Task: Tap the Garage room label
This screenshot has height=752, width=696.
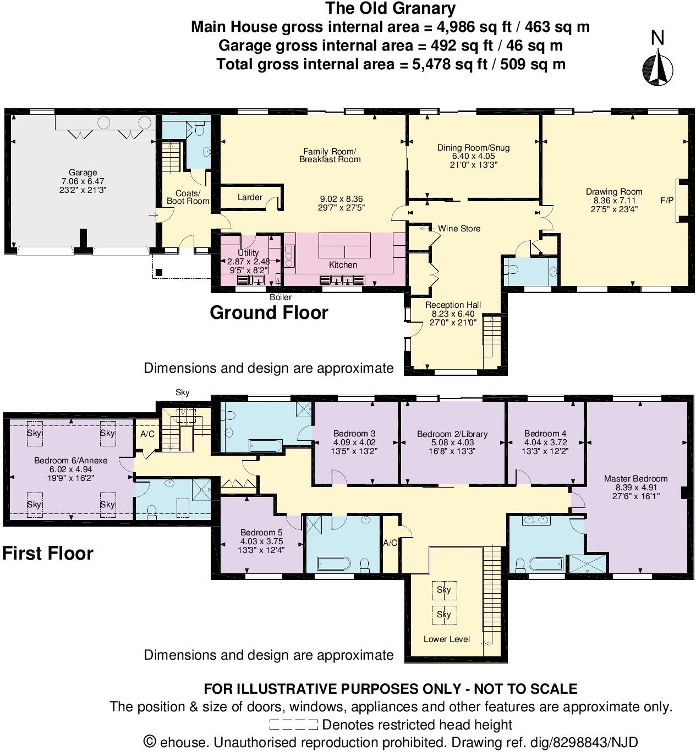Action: (x=83, y=173)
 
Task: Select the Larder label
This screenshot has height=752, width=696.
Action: (x=250, y=197)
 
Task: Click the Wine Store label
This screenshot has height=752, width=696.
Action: (x=459, y=229)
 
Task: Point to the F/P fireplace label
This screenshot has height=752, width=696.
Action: (x=666, y=201)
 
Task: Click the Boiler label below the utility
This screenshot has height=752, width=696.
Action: (x=280, y=297)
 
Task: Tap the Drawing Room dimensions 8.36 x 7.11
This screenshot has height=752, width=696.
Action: (x=614, y=201)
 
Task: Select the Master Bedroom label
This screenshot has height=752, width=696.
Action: (x=635, y=479)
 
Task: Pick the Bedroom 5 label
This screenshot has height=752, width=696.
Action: (x=261, y=533)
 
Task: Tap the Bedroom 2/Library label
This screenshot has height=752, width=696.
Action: (x=452, y=434)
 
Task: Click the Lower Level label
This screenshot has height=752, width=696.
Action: (x=446, y=639)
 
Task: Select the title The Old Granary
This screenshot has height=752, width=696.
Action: (x=390, y=9)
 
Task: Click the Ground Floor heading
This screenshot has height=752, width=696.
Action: (x=269, y=313)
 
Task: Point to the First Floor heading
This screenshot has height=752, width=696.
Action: (x=48, y=554)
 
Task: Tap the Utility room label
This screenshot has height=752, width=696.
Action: (x=248, y=253)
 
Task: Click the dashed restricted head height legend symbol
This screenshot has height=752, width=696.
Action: (x=293, y=725)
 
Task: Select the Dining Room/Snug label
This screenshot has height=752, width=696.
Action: (x=473, y=148)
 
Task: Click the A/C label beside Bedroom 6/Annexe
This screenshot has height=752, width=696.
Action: (x=147, y=434)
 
